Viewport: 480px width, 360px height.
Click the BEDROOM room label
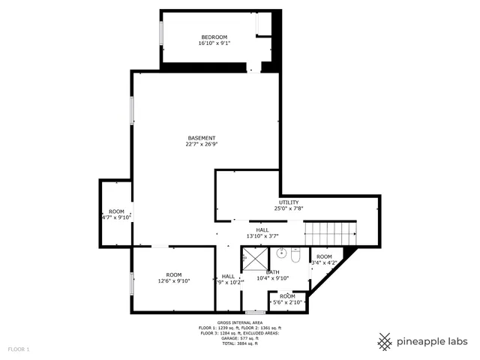214,37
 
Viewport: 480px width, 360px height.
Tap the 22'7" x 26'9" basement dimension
201,144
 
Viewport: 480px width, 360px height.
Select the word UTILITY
289,202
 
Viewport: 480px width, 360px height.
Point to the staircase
329,232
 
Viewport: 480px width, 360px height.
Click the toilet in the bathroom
296,257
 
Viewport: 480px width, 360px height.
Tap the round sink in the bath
282,253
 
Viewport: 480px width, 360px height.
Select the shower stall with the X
253,260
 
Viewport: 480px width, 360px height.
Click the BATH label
272,272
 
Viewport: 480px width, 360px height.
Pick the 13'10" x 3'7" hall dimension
262,236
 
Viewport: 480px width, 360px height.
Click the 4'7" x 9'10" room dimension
116,217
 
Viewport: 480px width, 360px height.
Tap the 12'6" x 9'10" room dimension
174,281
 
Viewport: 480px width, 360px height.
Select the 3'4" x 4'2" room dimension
324,262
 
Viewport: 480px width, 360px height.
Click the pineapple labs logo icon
385,341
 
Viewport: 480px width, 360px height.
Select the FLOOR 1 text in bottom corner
19,349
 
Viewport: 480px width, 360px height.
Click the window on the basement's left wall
133,110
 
